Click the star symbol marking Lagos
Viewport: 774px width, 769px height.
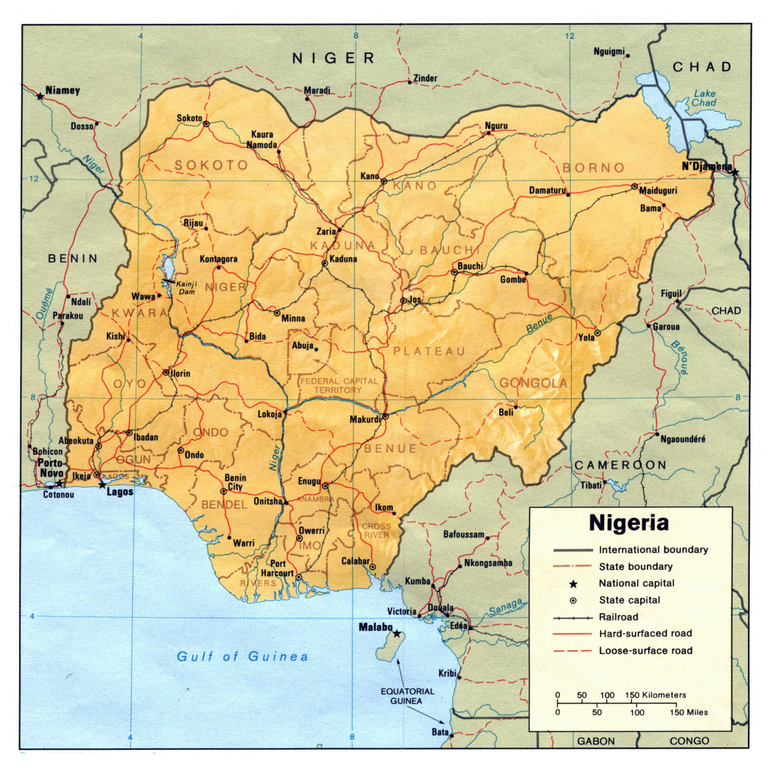[x=102, y=484]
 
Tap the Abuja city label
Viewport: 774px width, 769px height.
[x=303, y=346]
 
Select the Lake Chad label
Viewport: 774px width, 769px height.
[x=704, y=98]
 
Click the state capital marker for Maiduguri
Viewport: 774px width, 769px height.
[x=634, y=186]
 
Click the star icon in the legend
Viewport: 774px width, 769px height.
[x=573, y=584]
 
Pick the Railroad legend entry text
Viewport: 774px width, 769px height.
[x=618, y=617]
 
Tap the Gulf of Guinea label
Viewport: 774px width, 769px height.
[x=242, y=656]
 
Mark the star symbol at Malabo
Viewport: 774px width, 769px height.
[x=397, y=633]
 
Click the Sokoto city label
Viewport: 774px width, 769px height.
[x=189, y=118]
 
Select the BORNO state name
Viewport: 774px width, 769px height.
[x=593, y=167]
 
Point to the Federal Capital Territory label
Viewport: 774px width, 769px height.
[x=339, y=385]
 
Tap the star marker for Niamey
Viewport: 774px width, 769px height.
[x=40, y=96]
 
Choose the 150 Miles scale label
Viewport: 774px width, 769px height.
[x=689, y=712]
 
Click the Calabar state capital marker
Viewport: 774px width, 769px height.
[x=372, y=566]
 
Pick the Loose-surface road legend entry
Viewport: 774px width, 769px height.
[x=645, y=650]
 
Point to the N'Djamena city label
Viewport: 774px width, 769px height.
[x=706, y=166]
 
